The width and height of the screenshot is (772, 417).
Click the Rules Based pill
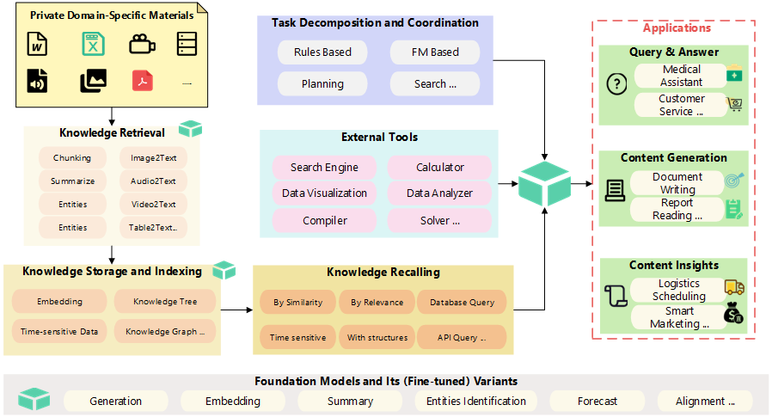click(322, 52)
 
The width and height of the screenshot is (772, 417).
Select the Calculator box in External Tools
click(439, 167)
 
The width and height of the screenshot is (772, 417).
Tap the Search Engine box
click(324, 167)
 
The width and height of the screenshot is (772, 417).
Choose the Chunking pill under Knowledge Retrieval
click(72, 158)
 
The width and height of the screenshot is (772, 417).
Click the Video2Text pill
click(153, 205)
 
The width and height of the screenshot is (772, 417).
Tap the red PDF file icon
click(142, 81)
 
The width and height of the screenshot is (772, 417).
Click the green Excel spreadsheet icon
click(92, 44)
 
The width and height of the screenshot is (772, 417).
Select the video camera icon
click(142, 44)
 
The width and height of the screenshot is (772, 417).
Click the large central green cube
click(544, 183)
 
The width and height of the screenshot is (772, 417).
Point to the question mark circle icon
click(616, 84)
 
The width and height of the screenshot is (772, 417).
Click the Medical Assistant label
click(682, 76)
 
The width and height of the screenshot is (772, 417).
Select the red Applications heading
click(677, 28)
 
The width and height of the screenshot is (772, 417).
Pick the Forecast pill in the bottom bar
click(597, 401)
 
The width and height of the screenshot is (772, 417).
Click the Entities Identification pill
click(475, 401)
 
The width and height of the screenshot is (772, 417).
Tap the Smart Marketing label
click(679, 318)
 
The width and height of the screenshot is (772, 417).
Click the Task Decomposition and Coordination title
click(375, 23)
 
